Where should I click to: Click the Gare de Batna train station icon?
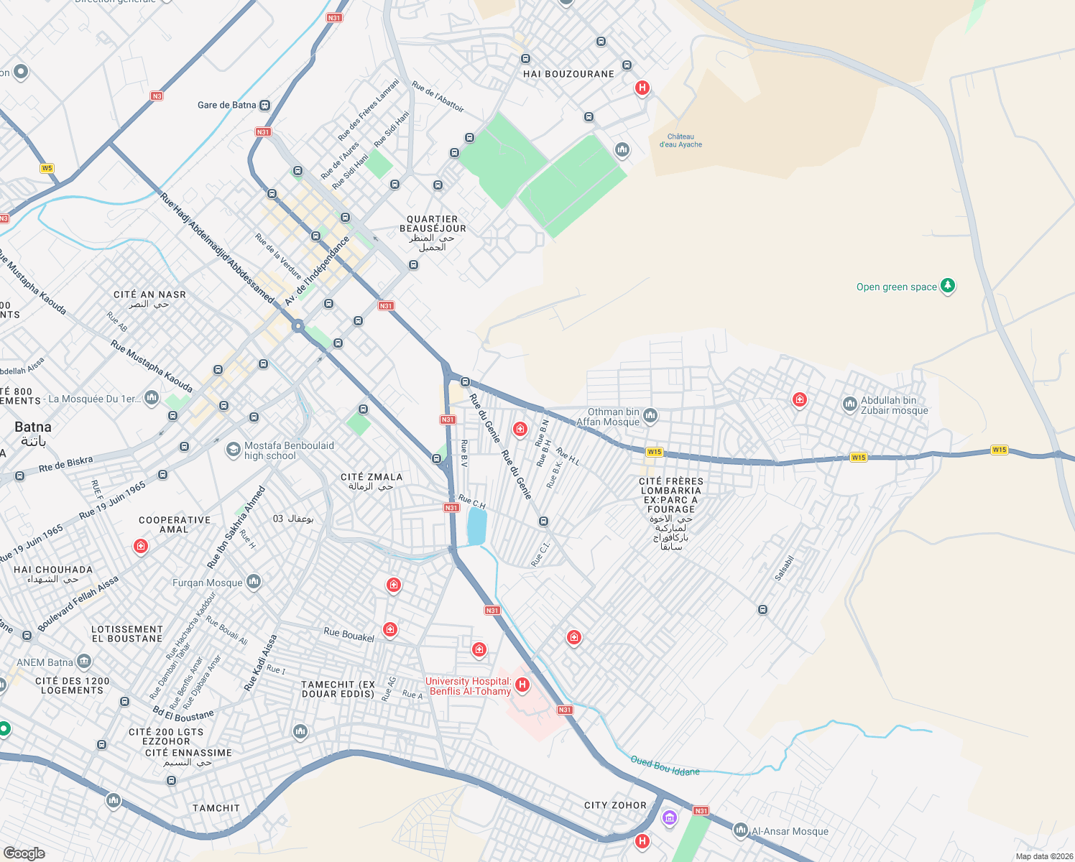click(265, 106)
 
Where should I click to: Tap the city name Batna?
click(33, 427)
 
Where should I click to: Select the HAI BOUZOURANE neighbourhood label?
click(568, 74)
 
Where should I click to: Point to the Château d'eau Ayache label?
click(680, 141)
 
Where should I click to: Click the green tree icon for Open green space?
click(948, 286)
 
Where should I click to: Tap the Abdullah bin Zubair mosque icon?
click(849, 404)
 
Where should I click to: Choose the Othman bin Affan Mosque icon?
click(650, 414)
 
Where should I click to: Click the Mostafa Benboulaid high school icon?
click(234, 450)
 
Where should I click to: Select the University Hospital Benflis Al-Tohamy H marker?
click(522, 685)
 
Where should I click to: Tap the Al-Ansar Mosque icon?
click(740, 830)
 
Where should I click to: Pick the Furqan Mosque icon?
click(254, 582)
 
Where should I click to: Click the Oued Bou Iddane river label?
click(665, 766)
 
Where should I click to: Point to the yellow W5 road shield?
click(47, 168)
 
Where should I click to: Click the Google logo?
click(24, 853)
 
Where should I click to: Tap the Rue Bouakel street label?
click(349, 635)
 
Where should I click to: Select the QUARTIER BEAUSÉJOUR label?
click(433, 224)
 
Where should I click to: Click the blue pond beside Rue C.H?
click(476, 527)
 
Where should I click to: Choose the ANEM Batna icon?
click(84, 661)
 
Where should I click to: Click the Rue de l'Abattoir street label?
click(438, 96)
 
